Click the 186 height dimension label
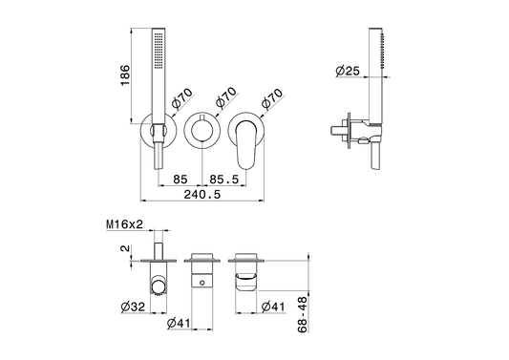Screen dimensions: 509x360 pyautogui.click(x=125, y=75)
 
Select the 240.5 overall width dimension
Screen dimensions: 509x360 pyautogui.click(x=202, y=195)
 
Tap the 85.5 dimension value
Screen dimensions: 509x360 pyautogui.click(x=224, y=180)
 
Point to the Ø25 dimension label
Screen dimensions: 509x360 pyautogui.click(x=348, y=71)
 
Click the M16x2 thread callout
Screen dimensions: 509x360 pyautogui.click(x=124, y=224)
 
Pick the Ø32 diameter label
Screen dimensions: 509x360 pyautogui.click(x=133, y=307)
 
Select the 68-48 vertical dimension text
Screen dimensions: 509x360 pyautogui.click(x=302, y=314)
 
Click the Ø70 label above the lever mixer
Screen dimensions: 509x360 pyautogui.click(x=272, y=98)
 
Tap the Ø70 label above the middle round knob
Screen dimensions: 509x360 pyautogui.click(x=226, y=97)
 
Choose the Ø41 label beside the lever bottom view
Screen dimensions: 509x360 pyautogui.click(x=273, y=307)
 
